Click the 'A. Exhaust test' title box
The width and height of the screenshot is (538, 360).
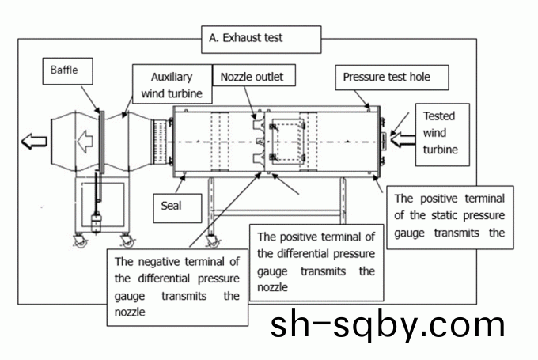(262, 37)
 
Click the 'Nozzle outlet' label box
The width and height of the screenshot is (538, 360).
(252, 77)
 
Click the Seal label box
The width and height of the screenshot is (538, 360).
(172, 204)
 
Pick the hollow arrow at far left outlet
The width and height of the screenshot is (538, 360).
(34, 142)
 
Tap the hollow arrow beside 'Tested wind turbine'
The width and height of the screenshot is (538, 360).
(402, 141)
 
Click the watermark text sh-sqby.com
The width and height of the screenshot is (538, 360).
(387, 324)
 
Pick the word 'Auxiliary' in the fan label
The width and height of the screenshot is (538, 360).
(172, 78)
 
